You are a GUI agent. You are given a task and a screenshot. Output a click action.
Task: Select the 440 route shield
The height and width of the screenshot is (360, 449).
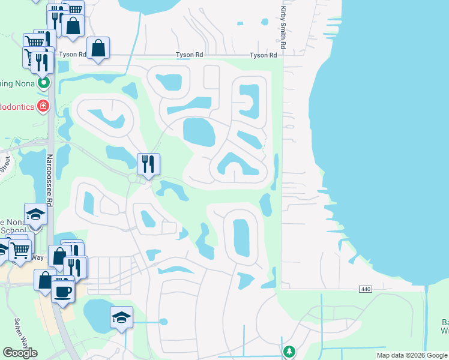(x=366, y=289)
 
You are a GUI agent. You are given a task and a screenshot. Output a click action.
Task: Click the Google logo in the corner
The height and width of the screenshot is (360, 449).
(x=20, y=353)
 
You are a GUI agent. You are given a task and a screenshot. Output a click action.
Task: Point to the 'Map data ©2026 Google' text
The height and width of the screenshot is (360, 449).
(x=412, y=355)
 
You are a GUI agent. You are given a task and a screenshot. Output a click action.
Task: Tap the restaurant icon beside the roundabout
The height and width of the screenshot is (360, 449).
(x=148, y=163)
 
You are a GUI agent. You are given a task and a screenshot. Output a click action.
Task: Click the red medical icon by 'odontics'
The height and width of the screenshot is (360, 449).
(x=43, y=107)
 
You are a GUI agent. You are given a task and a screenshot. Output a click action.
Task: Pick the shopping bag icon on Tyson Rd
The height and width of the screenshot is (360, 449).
(x=98, y=47)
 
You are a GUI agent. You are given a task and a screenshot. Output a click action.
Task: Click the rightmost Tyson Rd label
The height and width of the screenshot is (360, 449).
(x=264, y=55)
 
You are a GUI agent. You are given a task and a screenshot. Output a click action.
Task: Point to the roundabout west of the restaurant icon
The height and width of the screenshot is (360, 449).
(x=133, y=178)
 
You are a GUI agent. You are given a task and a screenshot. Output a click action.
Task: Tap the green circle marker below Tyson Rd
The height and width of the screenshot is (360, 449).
(x=43, y=82)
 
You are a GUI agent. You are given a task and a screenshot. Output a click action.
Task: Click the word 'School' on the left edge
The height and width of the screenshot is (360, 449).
(x=13, y=230)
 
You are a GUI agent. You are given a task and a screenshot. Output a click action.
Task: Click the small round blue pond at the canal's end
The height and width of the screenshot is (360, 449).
(x=163, y=322)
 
